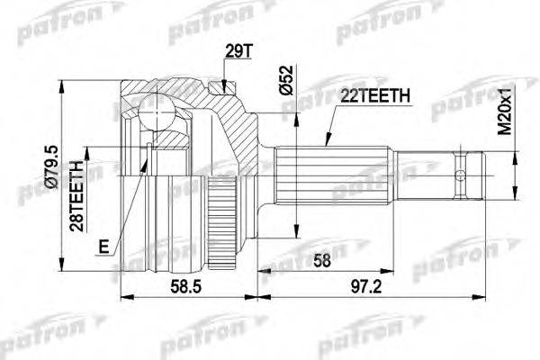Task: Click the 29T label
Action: point(239,51)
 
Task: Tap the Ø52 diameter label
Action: point(286,80)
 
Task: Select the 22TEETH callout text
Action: point(375,96)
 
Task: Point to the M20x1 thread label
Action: point(506,111)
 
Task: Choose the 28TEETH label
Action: point(76,196)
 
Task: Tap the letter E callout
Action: point(103,247)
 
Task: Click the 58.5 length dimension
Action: point(186,286)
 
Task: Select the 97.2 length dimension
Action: point(366,286)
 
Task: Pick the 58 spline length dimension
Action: point(321,260)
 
